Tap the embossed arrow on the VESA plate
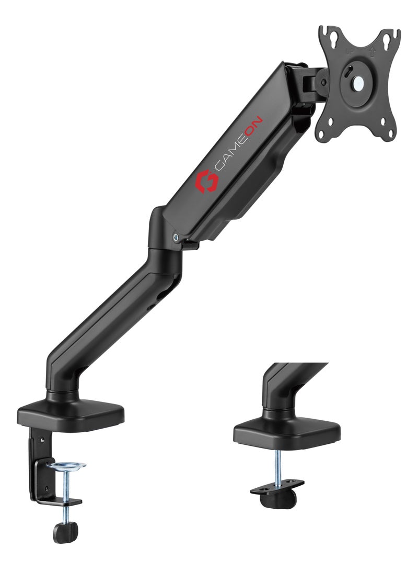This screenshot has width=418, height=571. (371, 52)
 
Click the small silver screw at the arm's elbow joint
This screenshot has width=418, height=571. (176, 237)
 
